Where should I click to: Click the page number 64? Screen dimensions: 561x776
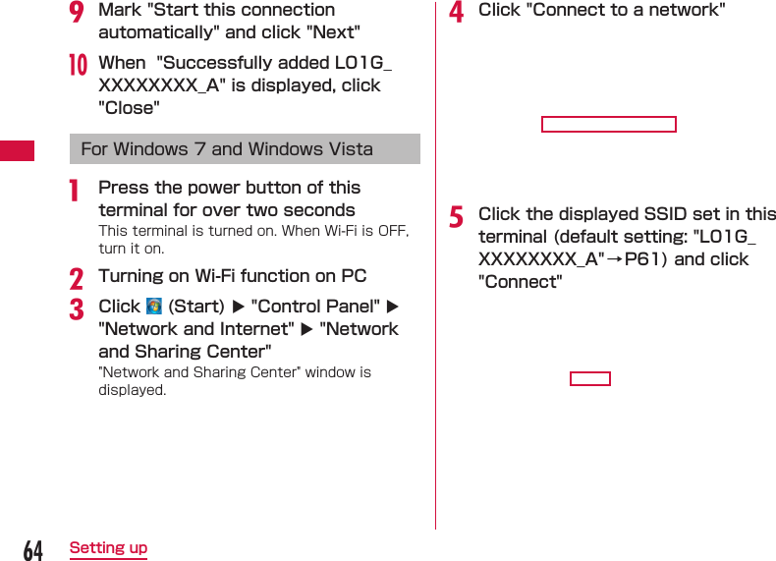tap(33, 550)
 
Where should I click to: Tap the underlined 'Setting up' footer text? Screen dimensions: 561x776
tap(108, 548)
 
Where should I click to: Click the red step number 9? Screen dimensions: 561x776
tap(77, 12)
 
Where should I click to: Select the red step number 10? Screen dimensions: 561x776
tap(78, 65)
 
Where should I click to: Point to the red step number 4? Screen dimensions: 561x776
tap(456, 12)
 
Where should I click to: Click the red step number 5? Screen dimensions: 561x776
tap(456, 216)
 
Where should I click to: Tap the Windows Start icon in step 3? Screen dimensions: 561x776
tap(153, 307)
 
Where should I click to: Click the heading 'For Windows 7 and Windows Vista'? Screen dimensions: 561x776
tap(227, 149)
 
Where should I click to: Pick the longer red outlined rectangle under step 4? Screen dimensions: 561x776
tap(608, 124)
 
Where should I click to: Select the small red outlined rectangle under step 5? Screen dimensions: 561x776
tap(589, 379)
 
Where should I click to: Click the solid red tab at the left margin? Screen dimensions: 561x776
tap(17, 150)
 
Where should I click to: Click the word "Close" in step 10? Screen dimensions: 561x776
tap(129, 108)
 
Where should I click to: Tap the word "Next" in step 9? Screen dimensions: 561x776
tap(333, 32)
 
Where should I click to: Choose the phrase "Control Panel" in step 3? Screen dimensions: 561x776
tap(315, 307)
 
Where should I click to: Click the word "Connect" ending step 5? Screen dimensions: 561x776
tap(520, 282)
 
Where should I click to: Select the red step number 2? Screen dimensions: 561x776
tap(77, 278)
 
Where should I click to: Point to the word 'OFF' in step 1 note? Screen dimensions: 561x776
tap(393, 231)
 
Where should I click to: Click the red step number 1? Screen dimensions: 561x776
tap(75, 190)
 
